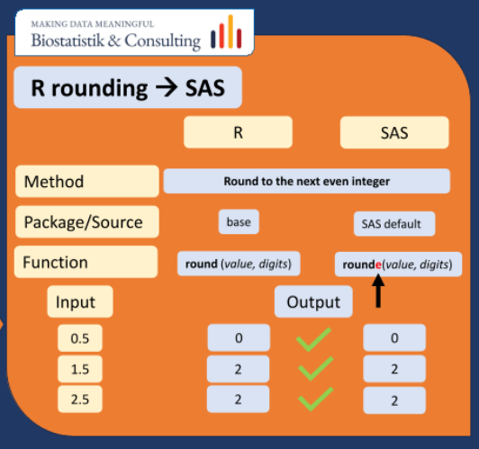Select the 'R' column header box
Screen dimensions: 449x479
[x=238, y=132]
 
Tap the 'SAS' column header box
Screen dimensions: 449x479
[x=393, y=132]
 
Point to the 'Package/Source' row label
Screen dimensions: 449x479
[x=86, y=221]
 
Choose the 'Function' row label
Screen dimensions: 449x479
[x=86, y=263]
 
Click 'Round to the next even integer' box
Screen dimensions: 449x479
[x=306, y=181]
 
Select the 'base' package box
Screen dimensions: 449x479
[x=239, y=221]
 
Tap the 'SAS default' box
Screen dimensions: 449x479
[x=393, y=222]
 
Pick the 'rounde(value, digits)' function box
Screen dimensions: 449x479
[x=393, y=264]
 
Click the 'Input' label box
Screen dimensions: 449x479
[x=80, y=302]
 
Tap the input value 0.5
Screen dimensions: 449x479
[x=80, y=338]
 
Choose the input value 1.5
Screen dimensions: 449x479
[x=80, y=368]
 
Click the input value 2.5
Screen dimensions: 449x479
[x=80, y=398]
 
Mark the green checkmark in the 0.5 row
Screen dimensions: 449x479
[x=314, y=338]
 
